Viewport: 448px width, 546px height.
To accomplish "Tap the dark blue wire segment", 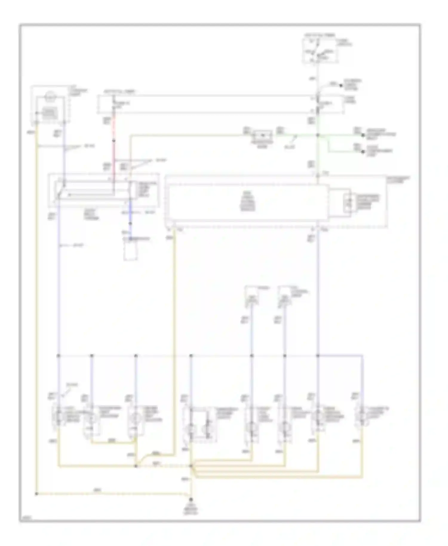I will click(130, 221).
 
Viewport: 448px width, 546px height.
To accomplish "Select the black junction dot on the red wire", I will click(114, 141).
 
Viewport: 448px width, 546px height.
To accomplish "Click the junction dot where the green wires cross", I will click(318, 135).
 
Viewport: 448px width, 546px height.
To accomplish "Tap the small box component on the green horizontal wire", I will click(262, 135).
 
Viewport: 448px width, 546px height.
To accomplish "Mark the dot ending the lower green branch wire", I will click(363, 152).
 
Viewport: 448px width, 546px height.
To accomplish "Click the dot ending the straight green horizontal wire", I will click(363, 135).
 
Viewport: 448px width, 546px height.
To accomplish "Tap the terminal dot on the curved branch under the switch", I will click(341, 86).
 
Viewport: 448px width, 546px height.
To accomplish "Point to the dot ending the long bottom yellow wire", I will click(36, 494).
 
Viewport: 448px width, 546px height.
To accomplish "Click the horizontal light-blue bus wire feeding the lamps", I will click(209, 356).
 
